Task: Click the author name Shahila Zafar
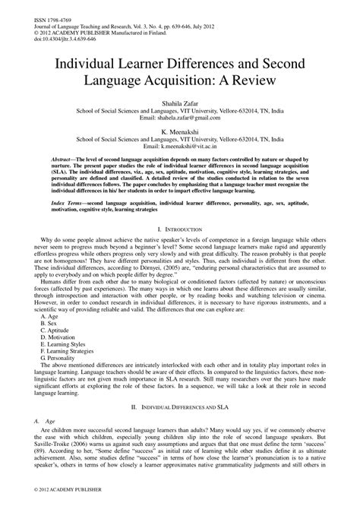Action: click(179, 101)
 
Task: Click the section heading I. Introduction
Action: click(180, 229)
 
